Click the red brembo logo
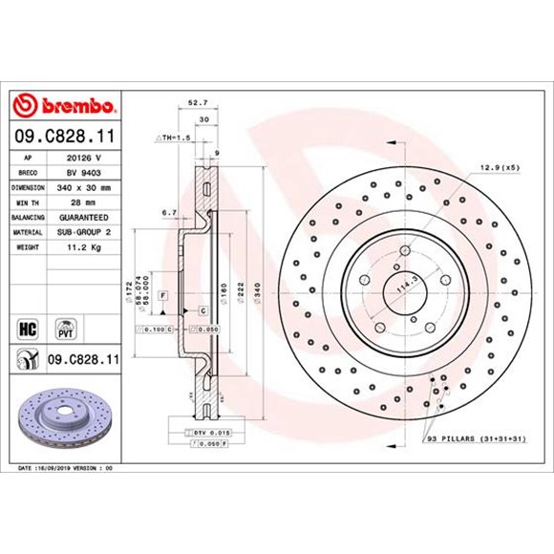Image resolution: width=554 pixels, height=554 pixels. point(64,104)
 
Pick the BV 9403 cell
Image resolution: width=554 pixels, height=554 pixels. point(82,173)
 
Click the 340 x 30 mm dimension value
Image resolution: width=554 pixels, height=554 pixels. point(82,188)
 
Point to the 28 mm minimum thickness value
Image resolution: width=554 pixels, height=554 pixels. point(82,202)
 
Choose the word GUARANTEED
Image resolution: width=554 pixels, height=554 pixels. point(83,218)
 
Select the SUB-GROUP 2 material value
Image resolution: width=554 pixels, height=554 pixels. point(83,232)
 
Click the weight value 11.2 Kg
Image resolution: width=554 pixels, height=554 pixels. point(82,247)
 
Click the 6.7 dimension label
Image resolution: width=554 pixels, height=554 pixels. point(170,213)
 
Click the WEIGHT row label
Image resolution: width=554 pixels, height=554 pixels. point(29,247)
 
